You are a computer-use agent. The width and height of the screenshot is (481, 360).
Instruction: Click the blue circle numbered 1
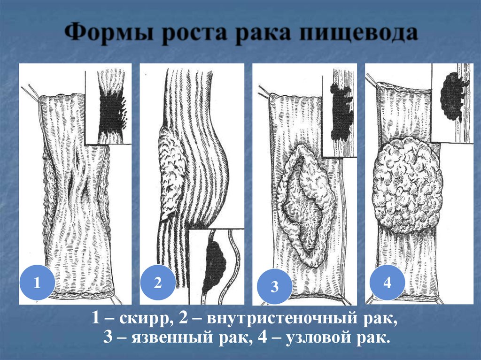(37, 282)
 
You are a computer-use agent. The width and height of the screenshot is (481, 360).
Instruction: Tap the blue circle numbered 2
(158, 282)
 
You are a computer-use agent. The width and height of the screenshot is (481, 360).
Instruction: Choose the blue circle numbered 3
(274, 286)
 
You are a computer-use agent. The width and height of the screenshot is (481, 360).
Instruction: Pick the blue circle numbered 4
(388, 282)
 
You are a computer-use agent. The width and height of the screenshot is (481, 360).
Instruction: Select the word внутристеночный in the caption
(282, 318)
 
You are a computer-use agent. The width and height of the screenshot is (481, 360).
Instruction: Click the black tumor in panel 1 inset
(112, 114)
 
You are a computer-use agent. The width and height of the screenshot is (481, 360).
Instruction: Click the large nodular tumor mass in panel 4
(408, 184)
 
